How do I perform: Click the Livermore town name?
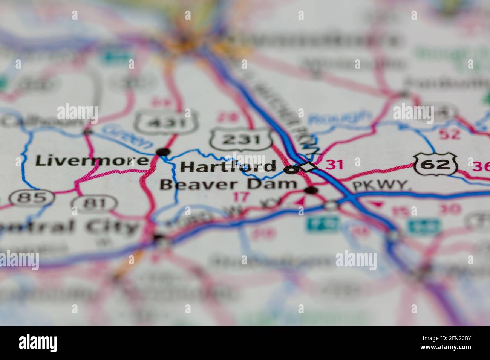point(92,161)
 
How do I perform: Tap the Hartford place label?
point(228,166)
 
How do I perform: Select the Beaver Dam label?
point(228,185)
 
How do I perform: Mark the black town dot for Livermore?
point(163,152)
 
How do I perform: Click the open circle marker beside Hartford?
point(291,170)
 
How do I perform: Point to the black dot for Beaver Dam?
point(311,190)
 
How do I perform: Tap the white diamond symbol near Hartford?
point(308,166)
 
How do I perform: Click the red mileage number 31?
point(334,165)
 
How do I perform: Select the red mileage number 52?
point(450,134)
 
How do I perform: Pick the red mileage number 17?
point(241,197)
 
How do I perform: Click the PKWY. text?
point(381,185)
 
